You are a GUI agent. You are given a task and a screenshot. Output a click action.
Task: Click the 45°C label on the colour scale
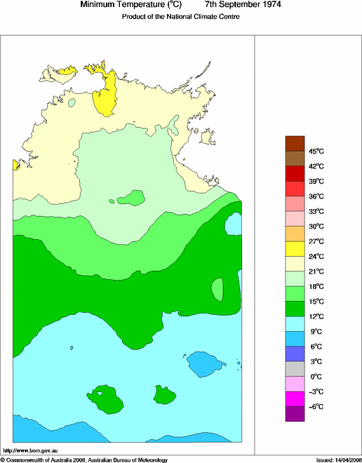coord(316,151)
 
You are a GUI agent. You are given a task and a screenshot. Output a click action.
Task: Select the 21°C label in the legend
coord(316,271)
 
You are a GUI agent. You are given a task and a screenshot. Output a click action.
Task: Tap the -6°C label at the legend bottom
coord(316,407)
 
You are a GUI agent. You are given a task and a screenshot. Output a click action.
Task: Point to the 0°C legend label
coord(316,377)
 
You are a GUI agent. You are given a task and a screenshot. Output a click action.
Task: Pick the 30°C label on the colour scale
coord(316,227)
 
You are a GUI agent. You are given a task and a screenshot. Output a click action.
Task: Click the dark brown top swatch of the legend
coord(295,143)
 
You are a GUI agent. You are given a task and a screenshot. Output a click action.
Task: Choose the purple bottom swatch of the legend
coord(295,414)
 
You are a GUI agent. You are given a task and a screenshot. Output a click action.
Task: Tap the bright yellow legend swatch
coord(295,248)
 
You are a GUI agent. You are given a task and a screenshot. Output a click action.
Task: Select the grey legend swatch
coord(295,369)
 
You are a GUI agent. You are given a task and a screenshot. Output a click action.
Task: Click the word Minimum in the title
coord(98,5)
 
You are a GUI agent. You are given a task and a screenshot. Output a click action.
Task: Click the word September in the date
coord(223,5)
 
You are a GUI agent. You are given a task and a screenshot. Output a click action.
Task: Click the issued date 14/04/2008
coord(345,459)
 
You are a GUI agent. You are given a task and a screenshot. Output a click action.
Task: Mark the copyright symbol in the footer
coord(3,459)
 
